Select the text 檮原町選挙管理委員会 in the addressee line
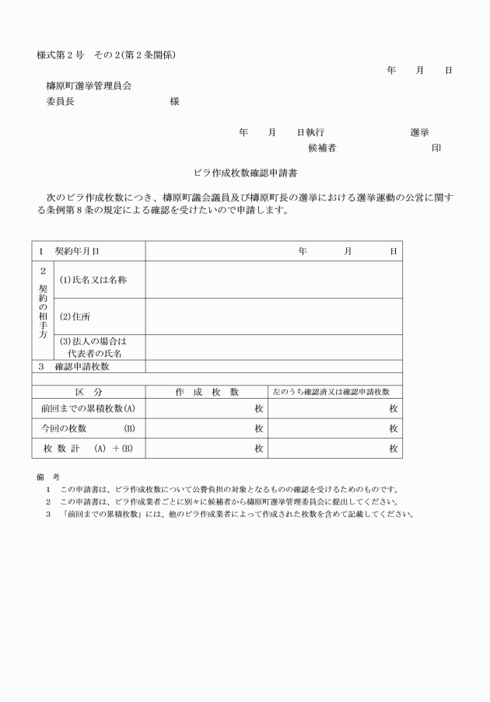coord(94,86)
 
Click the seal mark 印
coord(436,148)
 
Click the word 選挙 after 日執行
coord(420,132)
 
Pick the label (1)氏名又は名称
coord(93,280)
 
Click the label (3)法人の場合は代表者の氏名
coord(93,347)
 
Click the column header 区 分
coord(89,392)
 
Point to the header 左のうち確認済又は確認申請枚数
coord(334,392)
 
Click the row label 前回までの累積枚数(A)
coord(89,408)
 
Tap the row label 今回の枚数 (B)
coord(89,428)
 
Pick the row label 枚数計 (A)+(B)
coord(89,448)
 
